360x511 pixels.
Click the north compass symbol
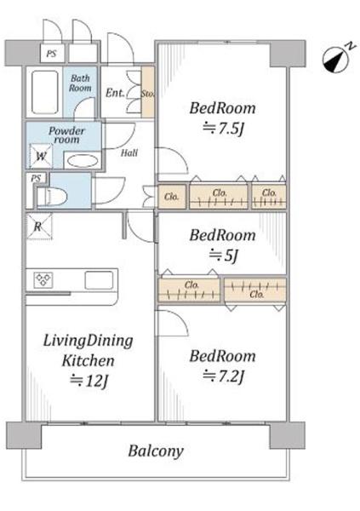tap(336, 59)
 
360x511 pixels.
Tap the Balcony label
tap(156, 451)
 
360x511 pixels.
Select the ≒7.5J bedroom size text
tap(223, 129)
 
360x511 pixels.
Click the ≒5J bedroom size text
tap(224, 255)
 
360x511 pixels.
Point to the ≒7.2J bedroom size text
tap(223, 376)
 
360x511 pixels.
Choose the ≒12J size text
tap(89, 380)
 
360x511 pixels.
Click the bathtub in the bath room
tap(44, 92)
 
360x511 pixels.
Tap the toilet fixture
tap(51, 196)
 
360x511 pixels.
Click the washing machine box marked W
tap(41, 156)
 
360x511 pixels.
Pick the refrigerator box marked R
tap(39, 227)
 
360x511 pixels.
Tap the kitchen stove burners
tap(43, 280)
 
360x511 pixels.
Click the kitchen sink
tap(99, 280)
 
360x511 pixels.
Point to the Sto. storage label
tap(147, 94)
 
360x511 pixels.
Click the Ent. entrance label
tap(115, 93)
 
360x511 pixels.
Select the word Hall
tap(129, 152)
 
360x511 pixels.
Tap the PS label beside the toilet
tap(36, 178)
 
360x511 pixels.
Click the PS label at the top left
tap(51, 53)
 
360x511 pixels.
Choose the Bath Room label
tap(80, 83)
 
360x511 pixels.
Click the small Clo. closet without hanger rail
tap(172, 197)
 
